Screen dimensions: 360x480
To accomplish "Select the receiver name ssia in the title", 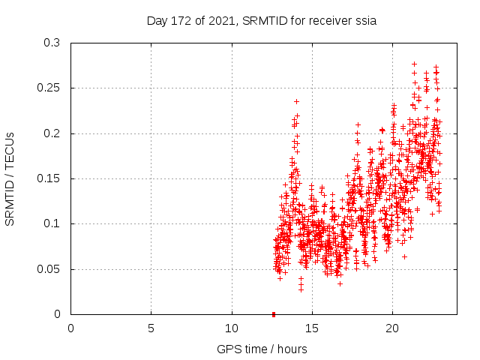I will click(365, 20).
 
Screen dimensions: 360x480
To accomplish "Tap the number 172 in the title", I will click(183, 20).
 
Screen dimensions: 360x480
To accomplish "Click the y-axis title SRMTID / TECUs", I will click(10, 178).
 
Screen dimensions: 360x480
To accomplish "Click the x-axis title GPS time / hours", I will click(262, 349).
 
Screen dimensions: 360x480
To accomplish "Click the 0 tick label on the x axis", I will click(71, 328).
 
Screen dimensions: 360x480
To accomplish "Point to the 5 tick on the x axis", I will click(151, 328).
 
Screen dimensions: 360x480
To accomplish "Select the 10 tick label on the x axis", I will click(232, 328).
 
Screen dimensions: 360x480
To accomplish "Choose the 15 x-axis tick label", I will click(312, 328).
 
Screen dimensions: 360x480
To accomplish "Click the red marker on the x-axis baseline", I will click(274, 314).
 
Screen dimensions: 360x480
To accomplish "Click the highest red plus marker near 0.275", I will click(414, 64).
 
